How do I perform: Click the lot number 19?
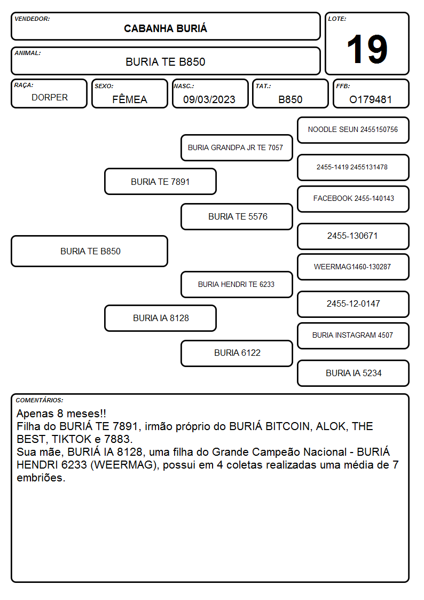tap(367, 49)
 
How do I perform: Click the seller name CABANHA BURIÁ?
tap(166, 29)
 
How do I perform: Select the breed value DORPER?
tap(50, 98)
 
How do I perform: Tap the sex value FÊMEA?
tap(130, 99)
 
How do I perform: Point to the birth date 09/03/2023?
tap(209, 99)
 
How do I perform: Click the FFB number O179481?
tap(371, 99)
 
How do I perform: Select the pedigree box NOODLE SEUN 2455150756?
tap(353, 130)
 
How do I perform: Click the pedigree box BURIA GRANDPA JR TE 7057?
tap(237, 147)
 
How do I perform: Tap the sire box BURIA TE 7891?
tap(160, 181)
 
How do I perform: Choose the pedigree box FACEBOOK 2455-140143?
tap(353, 199)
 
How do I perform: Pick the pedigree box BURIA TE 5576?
tap(237, 216)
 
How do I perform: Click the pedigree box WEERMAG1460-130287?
tap(353, 267)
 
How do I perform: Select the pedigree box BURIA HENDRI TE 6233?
tap(237, 284)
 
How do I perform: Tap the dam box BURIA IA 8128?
tap(160, 318)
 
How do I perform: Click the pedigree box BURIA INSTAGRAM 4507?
tap(353, 336)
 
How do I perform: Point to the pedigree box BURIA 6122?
tap(237, 353)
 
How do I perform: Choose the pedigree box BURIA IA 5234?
tap(353, 373)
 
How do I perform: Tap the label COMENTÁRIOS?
tap(40, 400)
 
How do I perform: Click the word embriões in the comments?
tap(41, 478)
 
